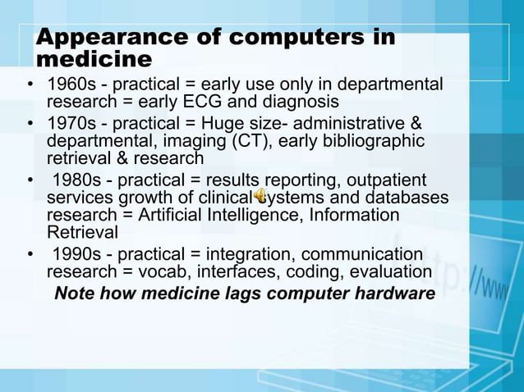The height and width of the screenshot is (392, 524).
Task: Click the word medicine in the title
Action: (95, 60)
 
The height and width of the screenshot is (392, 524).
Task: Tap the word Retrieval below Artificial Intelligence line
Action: (82, 231)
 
